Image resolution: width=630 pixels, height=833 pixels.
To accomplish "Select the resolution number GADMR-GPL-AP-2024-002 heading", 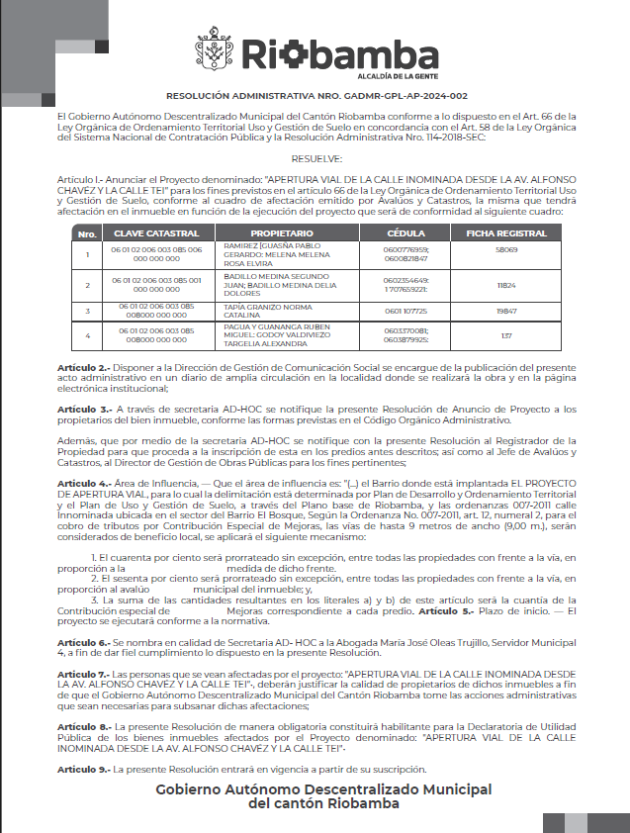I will click(x=316, y=96).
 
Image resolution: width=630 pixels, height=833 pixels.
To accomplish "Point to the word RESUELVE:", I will click(x=316, y=158).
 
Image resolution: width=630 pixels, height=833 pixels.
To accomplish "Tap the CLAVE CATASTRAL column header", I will click(x=149, y=232).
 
